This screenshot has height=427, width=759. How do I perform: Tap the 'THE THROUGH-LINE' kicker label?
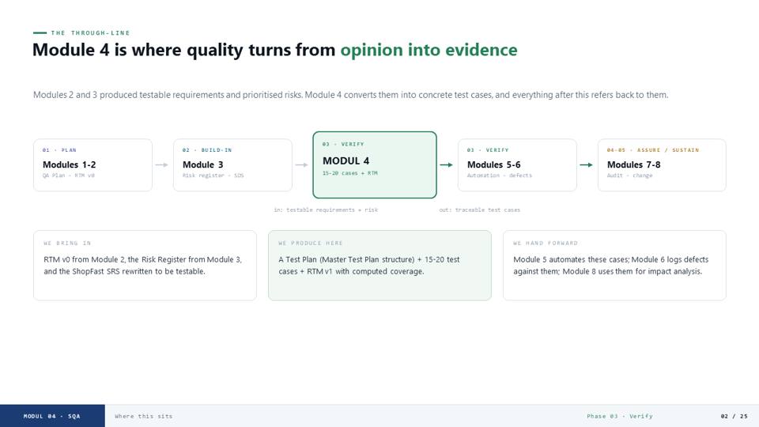tap(90, 33)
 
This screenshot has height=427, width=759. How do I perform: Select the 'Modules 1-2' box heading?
tap(70, 164)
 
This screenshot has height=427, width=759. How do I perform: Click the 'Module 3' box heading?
tap(203, 164)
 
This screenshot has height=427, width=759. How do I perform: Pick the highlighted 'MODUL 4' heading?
tap(346, 161)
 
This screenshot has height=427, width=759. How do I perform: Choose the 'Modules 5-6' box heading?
tap(493, 164)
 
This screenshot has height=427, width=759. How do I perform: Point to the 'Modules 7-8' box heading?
tap(633, 164)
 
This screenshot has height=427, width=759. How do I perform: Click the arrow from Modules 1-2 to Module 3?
tap(161, 165)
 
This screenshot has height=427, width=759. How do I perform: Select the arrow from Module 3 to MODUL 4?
tap(301, 165)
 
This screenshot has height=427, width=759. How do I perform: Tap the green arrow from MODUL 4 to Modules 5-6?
tap(446, 165)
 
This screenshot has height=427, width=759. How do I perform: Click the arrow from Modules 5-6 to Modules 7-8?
tap(586, 165)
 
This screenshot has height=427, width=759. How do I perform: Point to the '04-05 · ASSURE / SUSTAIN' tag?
tap(653, 150)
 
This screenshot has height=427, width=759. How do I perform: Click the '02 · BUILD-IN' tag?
tap(207, 150)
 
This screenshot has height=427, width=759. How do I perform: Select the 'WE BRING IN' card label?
tap(67, 243)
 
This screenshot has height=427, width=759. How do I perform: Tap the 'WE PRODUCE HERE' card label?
tap(310, 243)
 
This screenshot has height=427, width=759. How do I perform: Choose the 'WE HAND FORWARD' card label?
tap(546, 243)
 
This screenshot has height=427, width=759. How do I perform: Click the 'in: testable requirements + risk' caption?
tap(326, 210)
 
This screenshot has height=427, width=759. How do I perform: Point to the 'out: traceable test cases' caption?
tap(480, 210)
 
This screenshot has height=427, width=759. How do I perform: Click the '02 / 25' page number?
tap(734, 417)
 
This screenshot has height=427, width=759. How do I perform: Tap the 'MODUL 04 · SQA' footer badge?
tap(52, 416)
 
